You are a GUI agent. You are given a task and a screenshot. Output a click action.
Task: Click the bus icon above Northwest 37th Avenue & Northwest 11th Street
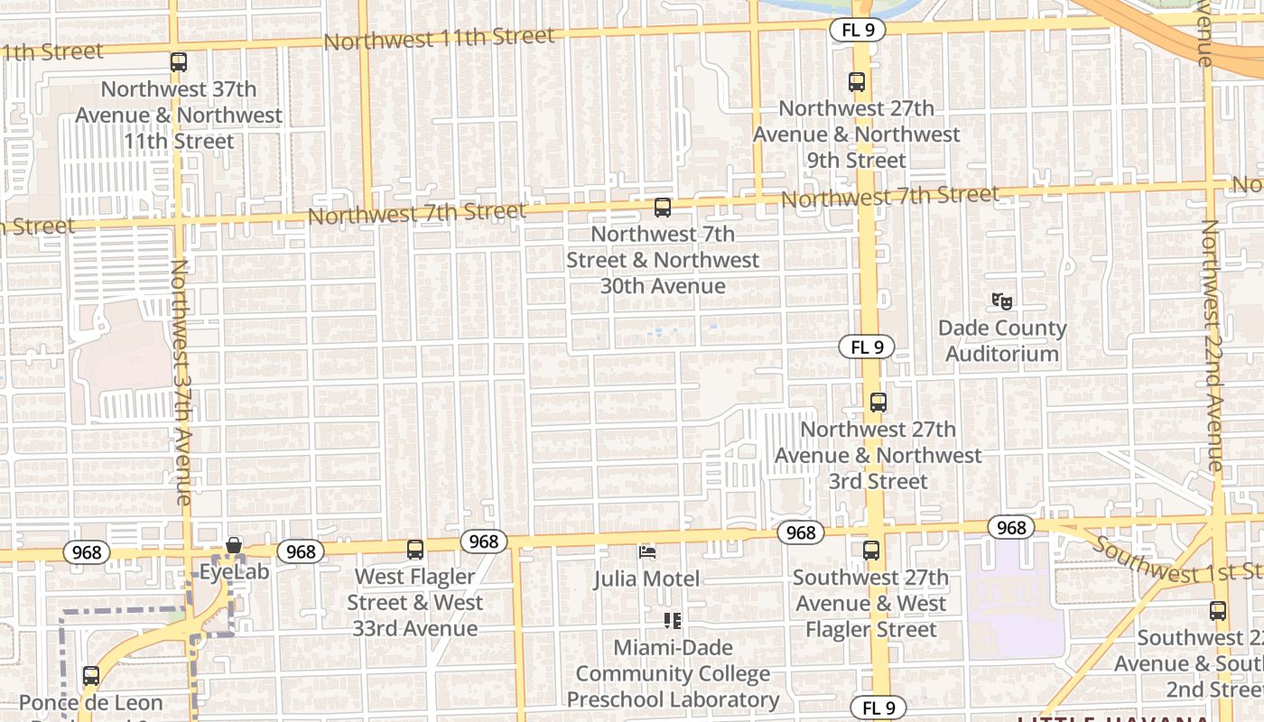(179, 62)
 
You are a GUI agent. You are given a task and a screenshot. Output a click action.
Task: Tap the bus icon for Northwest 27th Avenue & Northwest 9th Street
(857, 82)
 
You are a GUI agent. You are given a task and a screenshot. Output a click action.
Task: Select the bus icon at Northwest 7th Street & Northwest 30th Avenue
(663, 208)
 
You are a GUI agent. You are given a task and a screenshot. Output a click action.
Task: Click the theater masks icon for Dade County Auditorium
(1001, 301)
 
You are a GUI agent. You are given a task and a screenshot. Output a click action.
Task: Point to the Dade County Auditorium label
(1001, 341)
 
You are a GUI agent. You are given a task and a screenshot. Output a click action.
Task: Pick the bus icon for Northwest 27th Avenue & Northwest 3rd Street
(878, 403)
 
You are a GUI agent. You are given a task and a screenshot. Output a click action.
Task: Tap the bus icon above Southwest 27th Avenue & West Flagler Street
(871, 551)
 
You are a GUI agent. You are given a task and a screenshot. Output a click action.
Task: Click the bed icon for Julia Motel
(646, 551)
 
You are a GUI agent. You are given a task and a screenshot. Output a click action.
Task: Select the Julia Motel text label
(646, 578)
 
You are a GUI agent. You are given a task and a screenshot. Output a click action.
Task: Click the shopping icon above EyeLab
(234, 545)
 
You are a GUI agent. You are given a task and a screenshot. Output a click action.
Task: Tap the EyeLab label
(234, 570)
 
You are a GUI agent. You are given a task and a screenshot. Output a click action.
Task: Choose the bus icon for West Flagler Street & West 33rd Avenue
(415, 549)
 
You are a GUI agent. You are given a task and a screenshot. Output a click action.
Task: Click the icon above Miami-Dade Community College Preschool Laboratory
(673, 620)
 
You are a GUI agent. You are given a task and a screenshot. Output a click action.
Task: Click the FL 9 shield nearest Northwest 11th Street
(857, 30)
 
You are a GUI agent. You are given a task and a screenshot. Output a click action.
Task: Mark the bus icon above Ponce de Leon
(90, 675)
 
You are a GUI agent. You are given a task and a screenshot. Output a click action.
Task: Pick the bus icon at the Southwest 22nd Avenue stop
(1218, 611)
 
